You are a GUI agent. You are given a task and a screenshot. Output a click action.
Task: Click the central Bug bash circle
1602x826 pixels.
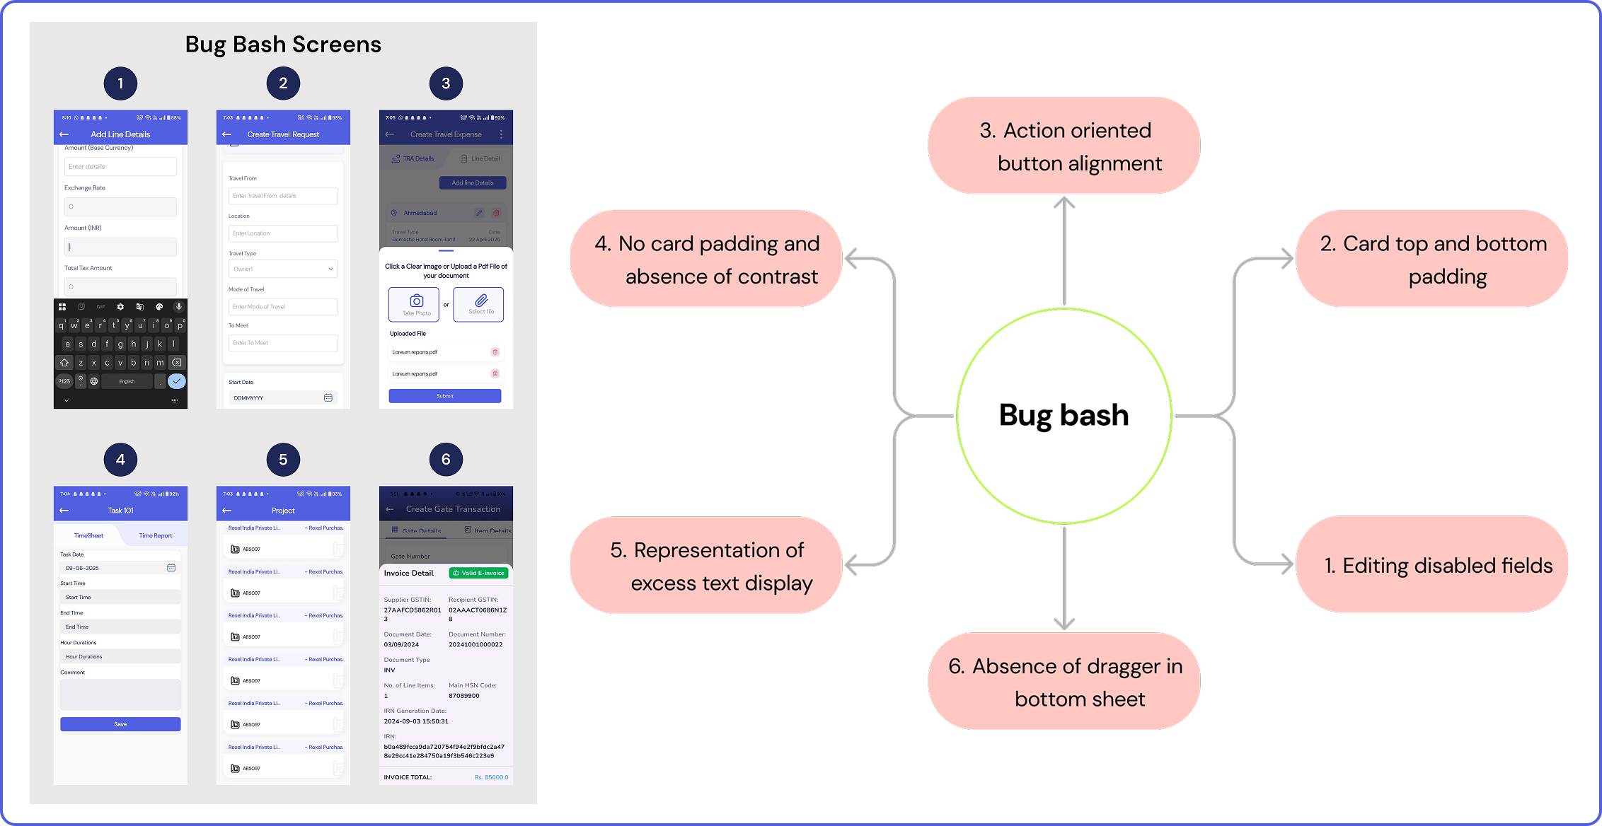[x=1064, y=415]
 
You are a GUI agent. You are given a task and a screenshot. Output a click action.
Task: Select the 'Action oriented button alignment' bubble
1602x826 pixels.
[x=1064, y=146]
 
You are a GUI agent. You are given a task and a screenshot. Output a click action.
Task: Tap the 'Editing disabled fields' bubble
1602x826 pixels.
[x=1431, y=564]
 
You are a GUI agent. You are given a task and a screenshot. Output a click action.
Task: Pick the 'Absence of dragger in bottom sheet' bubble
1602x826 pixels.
[x=1064, y=682]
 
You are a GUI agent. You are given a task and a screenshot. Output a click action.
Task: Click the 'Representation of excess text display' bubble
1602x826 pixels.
[x=706, y=565]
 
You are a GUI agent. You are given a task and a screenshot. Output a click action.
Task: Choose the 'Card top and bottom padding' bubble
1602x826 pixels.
[x=1431, y=259]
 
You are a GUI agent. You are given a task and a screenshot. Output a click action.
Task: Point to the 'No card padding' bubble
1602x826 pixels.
[x=706, y=259]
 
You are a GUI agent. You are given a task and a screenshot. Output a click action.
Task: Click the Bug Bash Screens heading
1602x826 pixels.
[x=283, y=45]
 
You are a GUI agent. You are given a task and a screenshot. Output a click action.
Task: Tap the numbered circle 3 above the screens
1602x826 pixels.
[x=446, y=83]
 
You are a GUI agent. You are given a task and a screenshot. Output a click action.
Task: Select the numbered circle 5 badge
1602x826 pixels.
[x=283, y=460]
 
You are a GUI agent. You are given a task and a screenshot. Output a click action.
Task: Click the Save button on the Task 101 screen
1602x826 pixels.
[x=120, y=724]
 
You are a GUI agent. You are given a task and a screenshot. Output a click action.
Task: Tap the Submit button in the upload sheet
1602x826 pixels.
[x=445, y=396]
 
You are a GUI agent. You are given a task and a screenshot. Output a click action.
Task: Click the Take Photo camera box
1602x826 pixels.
[x=414, y=304]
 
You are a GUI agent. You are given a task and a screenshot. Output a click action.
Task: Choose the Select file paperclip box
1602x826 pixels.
[x=478, y=304]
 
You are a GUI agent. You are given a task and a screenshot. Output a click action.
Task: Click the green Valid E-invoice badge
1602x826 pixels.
[x=479, y=573]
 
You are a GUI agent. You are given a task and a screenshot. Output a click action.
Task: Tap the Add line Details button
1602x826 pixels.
[x=473, y=182]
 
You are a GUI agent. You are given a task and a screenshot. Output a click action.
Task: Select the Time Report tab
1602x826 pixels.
[x=156, y=535]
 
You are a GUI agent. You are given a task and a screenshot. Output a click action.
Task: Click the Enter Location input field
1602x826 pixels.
[x=283, y=233]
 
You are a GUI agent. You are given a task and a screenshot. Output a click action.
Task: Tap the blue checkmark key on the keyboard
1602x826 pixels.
[x=177, y=381]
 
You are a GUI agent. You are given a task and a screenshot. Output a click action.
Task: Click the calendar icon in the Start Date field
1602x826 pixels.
[x=328, y=397]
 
